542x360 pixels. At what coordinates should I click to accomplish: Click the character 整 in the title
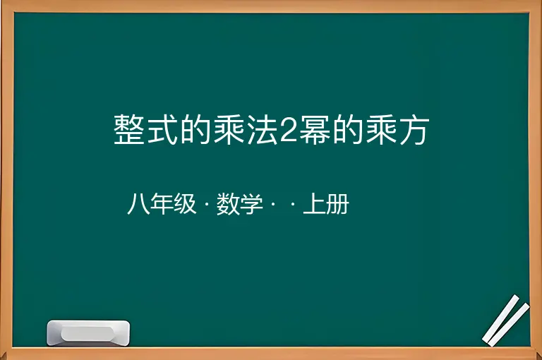point(128,130)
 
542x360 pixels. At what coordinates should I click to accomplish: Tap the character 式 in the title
point(162,130)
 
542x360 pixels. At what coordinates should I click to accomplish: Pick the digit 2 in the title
point(289,131)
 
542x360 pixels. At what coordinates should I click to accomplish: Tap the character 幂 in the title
point(315,130)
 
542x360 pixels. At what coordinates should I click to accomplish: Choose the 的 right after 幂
point(348,130)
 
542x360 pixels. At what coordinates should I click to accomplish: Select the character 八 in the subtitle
point(138,204)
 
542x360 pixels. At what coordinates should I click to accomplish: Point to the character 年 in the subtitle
point(162,204)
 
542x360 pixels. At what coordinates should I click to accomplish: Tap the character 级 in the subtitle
point(186,204)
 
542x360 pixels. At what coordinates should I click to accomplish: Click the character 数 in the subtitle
point(228,204)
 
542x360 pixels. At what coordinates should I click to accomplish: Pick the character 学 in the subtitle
point(251,204)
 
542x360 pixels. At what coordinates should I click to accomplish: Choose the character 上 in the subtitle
point(315,204)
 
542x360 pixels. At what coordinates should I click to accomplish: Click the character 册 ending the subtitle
point(337,204)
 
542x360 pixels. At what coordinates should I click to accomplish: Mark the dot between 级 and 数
point(207,205)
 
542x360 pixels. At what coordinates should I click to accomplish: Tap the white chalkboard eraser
point(88,333)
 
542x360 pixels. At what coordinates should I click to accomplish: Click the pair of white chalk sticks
point(505,320)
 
